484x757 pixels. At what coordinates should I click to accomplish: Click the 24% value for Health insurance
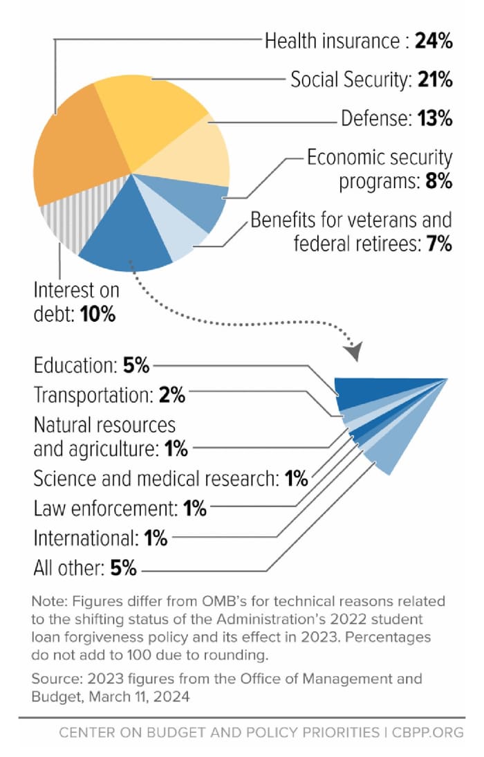pyautogui.click(x=434, y=42)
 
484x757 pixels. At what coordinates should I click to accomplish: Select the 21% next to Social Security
pyautogui.click(x=435, y=80)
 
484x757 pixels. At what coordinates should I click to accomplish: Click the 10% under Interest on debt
pyautogui.click(x=97, y=314)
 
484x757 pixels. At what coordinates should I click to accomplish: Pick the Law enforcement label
pyautogui.click(x=105, y=509)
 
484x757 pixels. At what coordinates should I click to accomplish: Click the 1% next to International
pyautogui.click(x=156, y=538)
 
